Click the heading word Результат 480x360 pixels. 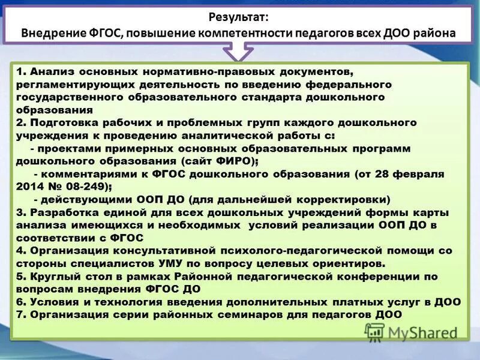239,18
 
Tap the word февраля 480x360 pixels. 412,174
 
